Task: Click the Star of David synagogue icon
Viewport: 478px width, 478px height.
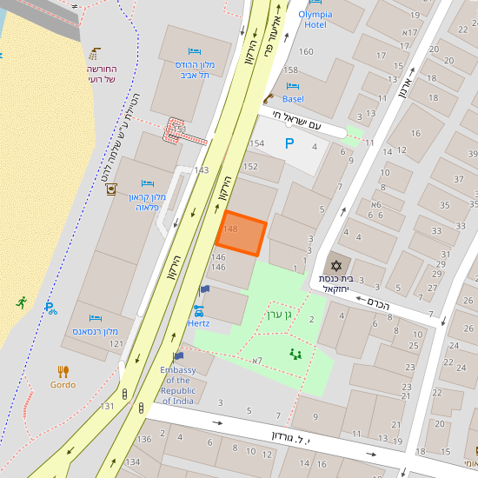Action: coord(335,264)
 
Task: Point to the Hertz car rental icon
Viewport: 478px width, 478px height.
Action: coord(198,309)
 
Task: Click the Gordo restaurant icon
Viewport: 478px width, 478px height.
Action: coord(63,371)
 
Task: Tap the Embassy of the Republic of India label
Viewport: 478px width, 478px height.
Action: coord(178,386)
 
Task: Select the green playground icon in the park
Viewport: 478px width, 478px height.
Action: coord(295,354)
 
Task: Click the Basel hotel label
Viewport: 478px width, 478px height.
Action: coord(293,99)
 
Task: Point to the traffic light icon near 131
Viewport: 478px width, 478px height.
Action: coord(128,395)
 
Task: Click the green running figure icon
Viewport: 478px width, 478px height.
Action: coord(21,302)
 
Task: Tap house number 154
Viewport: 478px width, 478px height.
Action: coord(256,143)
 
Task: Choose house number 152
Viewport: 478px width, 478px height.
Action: coord(250,166)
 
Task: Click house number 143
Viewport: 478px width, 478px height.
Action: coord(202,170)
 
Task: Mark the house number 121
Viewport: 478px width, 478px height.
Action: coord(116,344)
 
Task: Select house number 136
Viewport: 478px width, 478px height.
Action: coord(143,438)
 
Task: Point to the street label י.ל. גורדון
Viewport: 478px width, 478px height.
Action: coord(296,437)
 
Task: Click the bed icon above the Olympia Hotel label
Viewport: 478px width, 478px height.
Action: coord(315,3)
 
